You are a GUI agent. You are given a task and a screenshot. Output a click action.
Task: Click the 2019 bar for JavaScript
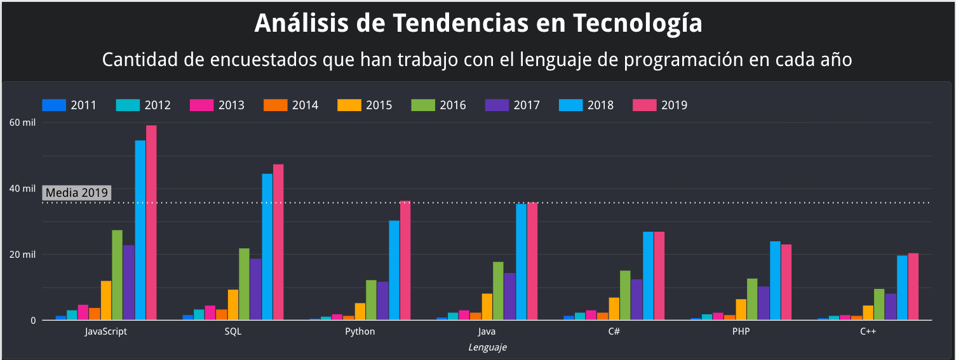pyautogui.click(x=151, y=223)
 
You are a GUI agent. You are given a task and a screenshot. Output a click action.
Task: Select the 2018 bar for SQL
pyautogui.click(x=267, y=247)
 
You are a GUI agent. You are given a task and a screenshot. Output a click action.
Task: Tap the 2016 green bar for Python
pyautogui.click(x=371, y=300)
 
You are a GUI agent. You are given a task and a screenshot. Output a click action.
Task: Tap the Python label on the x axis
pyautogui.click(x=360, y=331)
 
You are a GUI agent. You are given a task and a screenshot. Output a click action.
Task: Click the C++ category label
pyautogui.click(x=868, y=331)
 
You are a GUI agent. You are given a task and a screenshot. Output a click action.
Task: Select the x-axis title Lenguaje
pyautogui.click(x=487, y=347)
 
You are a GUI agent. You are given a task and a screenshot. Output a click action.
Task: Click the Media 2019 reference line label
pyautogui.click(x=77, y=193)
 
